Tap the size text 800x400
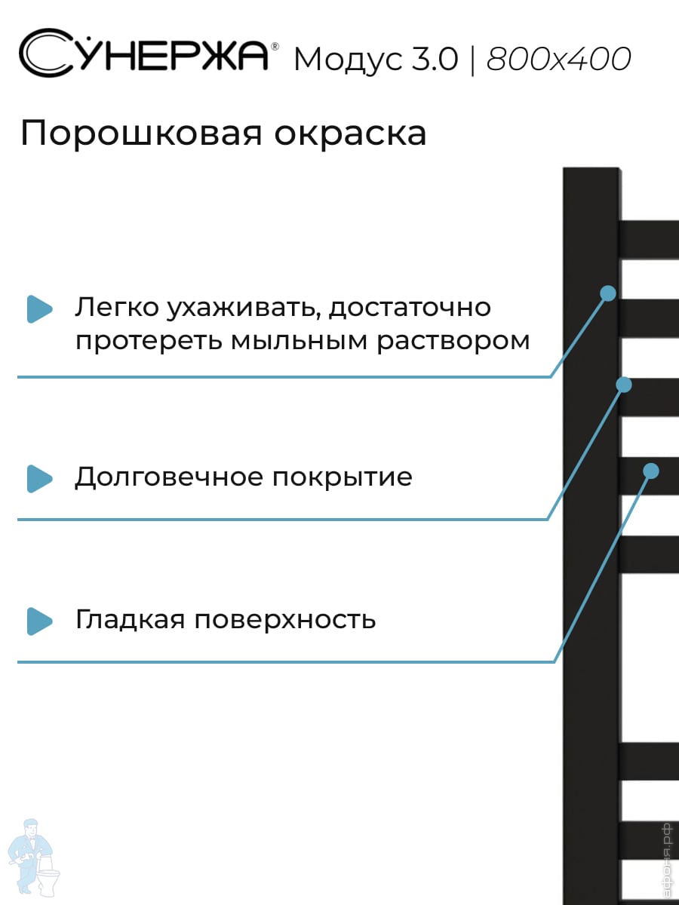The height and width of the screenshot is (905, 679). pos(558,59)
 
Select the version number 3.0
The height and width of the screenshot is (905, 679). pos(435,59)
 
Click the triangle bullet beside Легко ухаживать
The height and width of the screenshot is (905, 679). pos(39,308)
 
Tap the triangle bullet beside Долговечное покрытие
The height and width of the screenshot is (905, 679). pos(39,478)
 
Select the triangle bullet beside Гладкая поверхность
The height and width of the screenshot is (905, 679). pos(39,621)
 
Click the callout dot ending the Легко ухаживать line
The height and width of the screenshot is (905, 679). pos(608,293)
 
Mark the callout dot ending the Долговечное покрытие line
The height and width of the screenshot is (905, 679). pos(623,385)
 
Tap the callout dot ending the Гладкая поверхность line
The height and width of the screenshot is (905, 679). pos(650,471)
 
